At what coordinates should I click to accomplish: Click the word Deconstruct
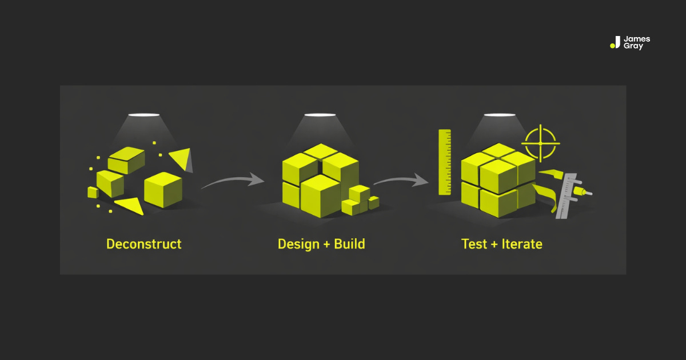tap(143, 244)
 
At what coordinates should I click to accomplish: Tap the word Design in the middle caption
tap(297, 244)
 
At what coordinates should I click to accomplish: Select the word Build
tap(348, 244)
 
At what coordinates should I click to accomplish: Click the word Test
tap(474, 244)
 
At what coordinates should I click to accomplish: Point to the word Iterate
tap(522, 244)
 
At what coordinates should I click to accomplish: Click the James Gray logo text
tap(637, 43)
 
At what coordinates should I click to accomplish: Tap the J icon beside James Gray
tap(616, 43)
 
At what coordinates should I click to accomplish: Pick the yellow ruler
tap(445, 162)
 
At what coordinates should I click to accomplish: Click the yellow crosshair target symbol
tap(540, 142)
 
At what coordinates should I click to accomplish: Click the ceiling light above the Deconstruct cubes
tap(143, 115)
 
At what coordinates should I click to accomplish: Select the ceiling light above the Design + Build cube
tap(320, 115)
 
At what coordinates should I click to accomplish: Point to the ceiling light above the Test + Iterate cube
tap(500, 115)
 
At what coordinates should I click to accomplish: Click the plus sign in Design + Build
tap(324, 245)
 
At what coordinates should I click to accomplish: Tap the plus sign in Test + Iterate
tap(495, 245)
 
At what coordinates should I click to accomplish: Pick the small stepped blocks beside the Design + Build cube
tap(360, 201)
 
